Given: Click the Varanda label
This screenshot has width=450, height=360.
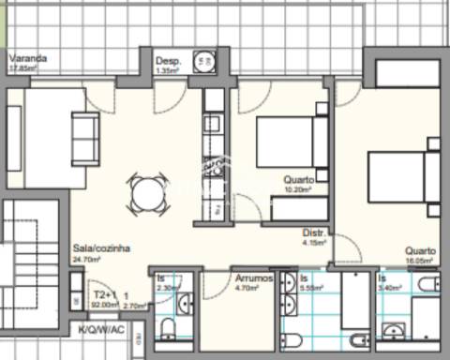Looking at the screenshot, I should [x=27, y=57].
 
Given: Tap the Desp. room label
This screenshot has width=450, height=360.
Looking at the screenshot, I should [x=167, y=57].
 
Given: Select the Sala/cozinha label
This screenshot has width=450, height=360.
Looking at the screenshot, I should [x=100, y=248].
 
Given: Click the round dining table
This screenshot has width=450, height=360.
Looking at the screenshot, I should [x=148, y=194].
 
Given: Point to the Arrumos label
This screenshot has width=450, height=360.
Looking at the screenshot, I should [x=253, y=278].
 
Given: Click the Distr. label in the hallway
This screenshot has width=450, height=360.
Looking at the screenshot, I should [x=313, y=232].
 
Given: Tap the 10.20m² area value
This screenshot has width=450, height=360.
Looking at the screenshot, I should [x=299, y=188].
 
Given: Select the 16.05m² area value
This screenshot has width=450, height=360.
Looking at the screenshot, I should [x=419, y=262].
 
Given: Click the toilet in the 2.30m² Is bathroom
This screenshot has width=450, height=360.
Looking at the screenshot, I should [x=168, y=327].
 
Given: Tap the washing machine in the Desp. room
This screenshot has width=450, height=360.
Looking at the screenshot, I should [x=202, y=63].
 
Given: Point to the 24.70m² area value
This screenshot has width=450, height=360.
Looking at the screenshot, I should [x=87, y=259].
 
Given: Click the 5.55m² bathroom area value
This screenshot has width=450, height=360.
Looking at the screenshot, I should [x=312, y=289].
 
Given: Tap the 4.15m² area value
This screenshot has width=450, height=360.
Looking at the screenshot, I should [x=314, y=242].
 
